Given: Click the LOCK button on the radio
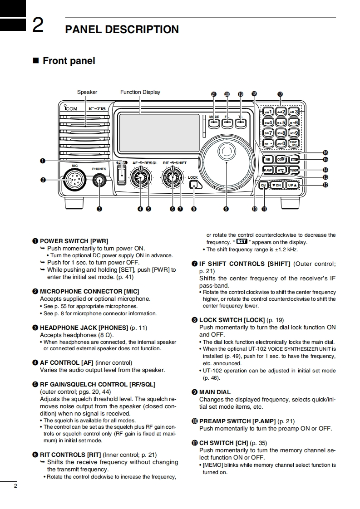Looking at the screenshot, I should (194, 185).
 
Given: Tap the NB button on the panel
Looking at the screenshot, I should (268, 159).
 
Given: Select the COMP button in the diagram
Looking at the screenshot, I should (281, 159).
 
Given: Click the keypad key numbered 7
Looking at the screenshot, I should (268, 133).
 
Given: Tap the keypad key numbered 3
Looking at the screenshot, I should (294, 112).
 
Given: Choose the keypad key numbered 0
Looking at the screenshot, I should (281, 143).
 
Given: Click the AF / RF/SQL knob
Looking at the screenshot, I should (140, 178).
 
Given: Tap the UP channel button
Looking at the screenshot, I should (291, 185).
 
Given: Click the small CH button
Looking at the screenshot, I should (263, 185).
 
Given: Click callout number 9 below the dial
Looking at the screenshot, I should (226, 209).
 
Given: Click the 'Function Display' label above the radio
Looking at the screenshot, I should (140, 92).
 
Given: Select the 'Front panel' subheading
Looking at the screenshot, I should (69, 61).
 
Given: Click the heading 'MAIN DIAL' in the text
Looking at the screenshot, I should (215, 392).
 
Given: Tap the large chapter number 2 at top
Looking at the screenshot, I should (38, 25).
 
